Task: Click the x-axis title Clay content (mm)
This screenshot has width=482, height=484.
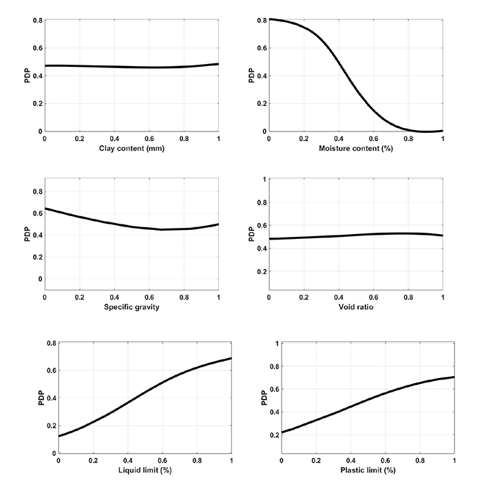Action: click(x=132, y=148)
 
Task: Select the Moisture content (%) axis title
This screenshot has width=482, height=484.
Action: click(x=355, y=148)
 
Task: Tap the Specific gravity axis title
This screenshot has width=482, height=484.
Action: click(x=132, y=306)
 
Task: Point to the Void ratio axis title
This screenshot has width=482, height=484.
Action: click(x=355, y=306)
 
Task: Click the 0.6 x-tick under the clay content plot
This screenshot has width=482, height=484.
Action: click(x=149, y=138)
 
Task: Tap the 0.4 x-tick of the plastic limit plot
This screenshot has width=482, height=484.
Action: click(x=351, y=460)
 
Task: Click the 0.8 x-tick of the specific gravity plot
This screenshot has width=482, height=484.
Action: click(x=184, y=297)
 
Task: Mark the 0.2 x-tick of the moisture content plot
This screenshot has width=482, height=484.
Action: click(x=303, y=138)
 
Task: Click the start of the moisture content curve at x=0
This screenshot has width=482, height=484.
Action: click(x=269, y=19)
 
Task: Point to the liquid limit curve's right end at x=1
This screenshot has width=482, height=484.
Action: click(x=231, y=358)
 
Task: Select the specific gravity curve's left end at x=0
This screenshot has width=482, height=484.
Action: click(x=45, y=208)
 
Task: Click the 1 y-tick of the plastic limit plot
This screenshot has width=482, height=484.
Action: click(x=277, y=343)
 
